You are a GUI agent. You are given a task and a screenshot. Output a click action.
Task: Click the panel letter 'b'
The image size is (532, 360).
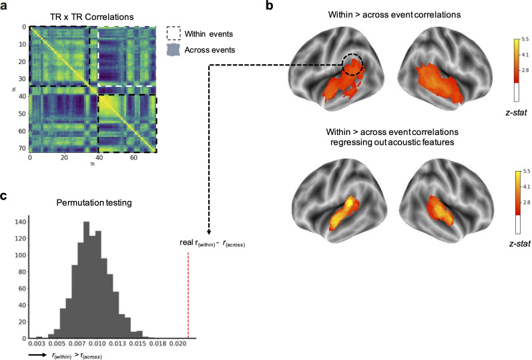(x=270, y=6)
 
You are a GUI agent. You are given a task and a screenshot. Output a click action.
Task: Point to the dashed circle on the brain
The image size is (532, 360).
(x=352, y=65)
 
